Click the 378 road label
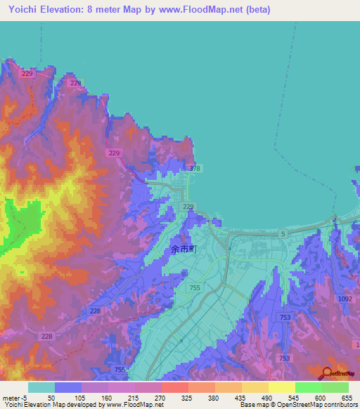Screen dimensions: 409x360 click(195, 169)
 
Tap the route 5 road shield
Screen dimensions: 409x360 click(283, 233)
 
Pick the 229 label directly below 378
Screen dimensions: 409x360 click(188, 206)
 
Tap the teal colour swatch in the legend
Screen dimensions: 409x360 click(41, 387)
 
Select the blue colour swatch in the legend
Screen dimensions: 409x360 click(67, 387)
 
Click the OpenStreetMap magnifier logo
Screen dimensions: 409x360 click(326, 373)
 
